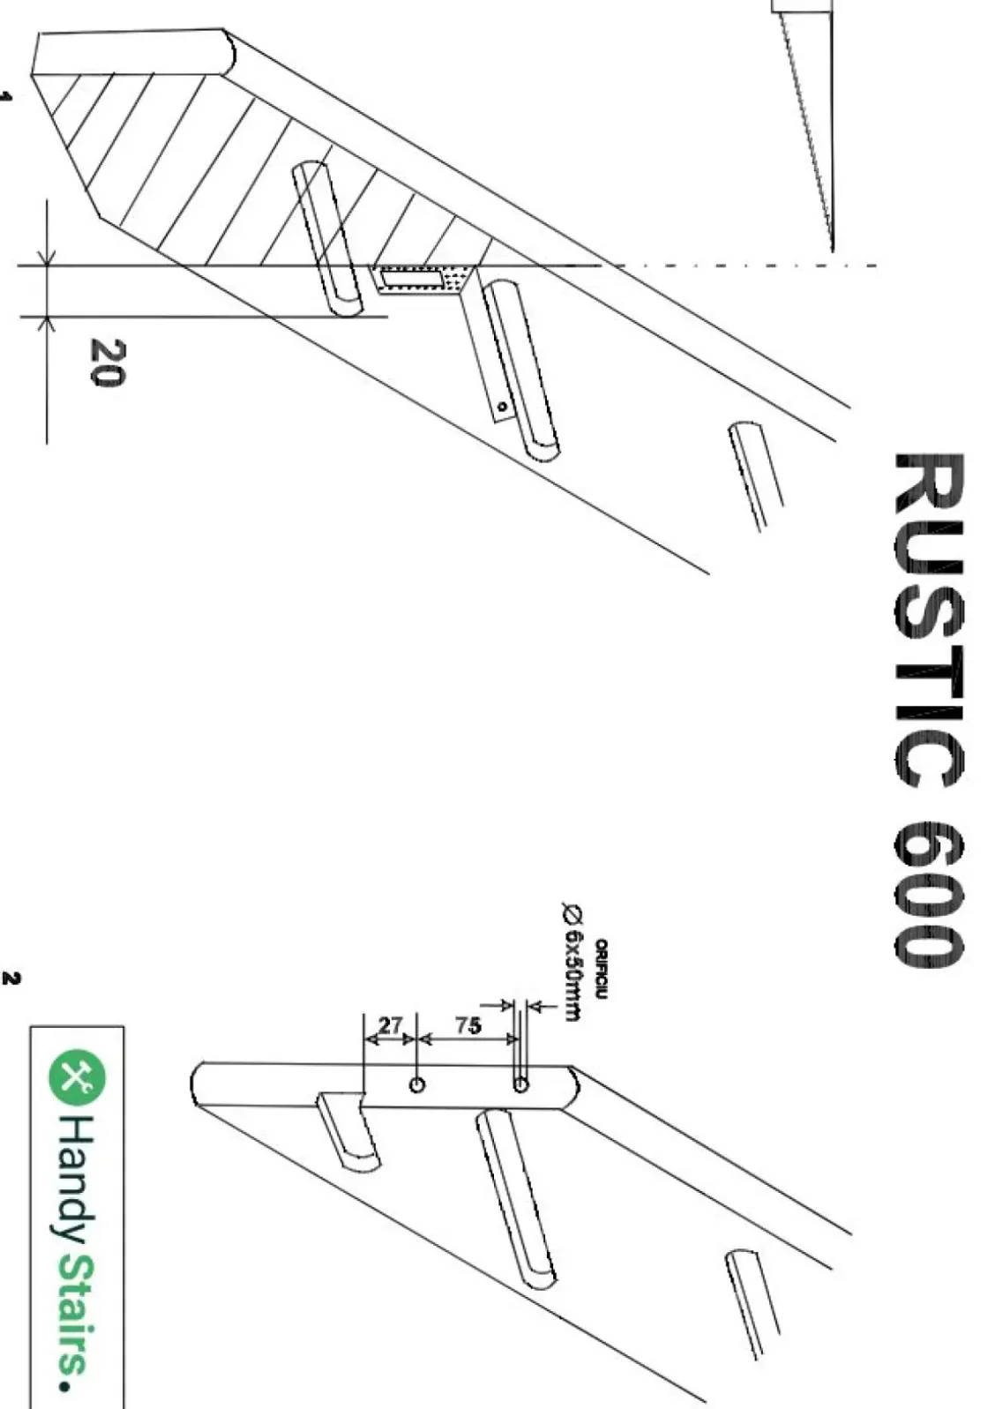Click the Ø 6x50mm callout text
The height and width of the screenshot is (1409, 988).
572,962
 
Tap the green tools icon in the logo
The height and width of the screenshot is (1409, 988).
78,1076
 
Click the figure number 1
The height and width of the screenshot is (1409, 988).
6,97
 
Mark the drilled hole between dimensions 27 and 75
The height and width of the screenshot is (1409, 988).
416,1084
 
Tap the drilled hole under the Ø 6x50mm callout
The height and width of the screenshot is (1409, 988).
520,1083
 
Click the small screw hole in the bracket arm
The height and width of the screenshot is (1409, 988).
501,407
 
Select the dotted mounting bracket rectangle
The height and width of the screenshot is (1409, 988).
418,278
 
